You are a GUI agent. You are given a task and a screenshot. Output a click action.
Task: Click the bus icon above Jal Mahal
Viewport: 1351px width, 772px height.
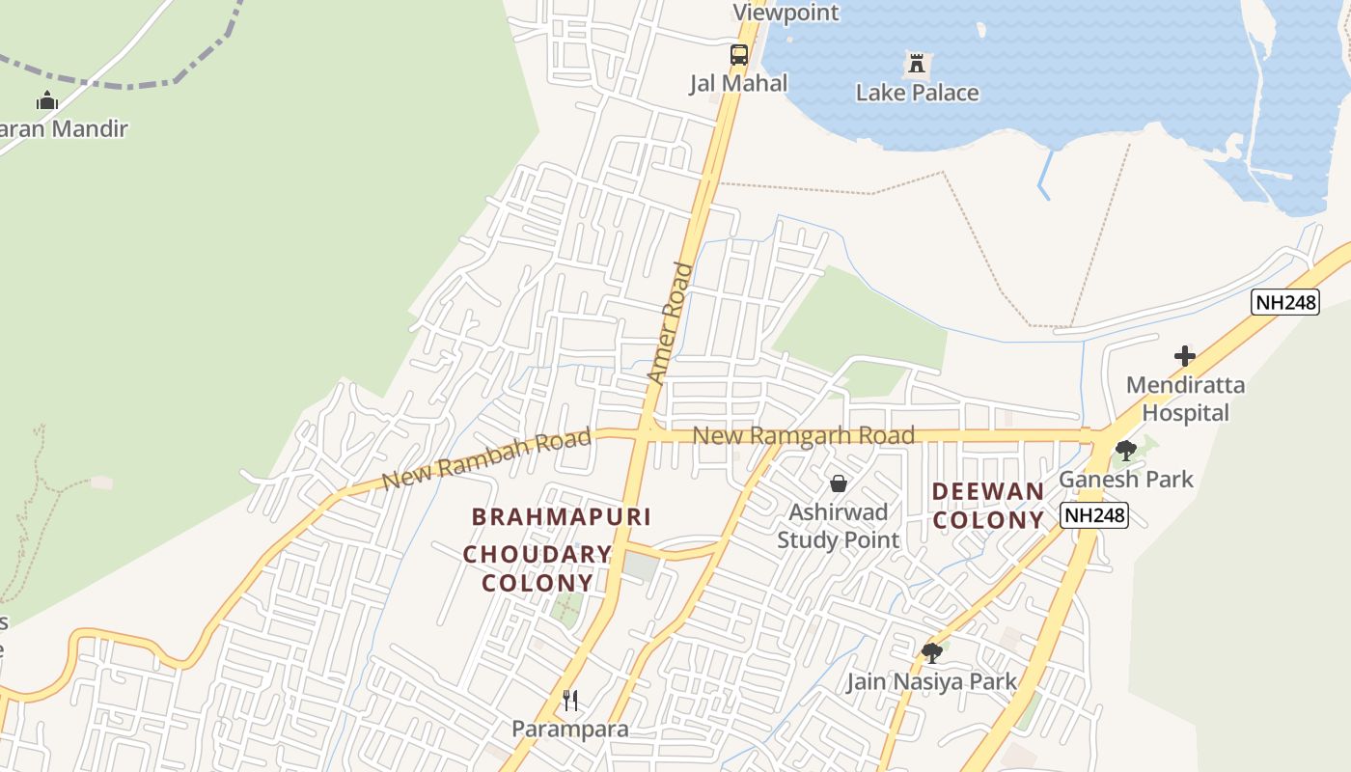738,55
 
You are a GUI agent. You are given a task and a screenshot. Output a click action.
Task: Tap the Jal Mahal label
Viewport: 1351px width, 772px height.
738,84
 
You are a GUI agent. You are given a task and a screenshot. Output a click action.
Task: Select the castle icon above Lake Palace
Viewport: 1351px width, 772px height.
916,66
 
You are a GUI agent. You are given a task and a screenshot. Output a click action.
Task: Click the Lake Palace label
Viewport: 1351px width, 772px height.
917,94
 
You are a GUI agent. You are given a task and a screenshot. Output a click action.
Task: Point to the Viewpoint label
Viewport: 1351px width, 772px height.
786,13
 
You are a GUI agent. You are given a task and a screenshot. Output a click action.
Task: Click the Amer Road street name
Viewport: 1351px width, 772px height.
671,324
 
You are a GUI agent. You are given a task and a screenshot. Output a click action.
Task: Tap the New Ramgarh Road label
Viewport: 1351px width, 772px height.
804,436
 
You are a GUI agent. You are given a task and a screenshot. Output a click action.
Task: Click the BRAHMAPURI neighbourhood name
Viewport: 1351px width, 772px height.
562,517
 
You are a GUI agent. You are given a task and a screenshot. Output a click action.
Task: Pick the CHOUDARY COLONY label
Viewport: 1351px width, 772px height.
538,569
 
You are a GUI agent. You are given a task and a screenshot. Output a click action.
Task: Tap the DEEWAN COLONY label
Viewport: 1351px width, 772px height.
989,506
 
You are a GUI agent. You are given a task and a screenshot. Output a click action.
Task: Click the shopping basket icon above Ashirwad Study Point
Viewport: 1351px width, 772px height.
839,483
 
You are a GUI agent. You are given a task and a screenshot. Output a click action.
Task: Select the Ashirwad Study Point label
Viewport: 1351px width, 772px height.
839,526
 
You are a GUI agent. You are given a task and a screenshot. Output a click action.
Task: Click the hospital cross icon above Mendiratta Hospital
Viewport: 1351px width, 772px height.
1184,356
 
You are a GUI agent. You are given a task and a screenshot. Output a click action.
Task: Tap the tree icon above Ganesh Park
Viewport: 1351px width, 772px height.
1125,450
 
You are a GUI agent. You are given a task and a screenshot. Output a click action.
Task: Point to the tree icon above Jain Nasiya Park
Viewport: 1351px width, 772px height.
931,653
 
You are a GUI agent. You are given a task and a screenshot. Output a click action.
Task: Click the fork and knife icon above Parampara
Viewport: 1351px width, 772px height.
570,701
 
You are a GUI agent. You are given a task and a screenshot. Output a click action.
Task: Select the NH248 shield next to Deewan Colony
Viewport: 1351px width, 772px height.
1095,515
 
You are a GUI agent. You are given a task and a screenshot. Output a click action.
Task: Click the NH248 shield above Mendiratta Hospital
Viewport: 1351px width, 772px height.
1285,302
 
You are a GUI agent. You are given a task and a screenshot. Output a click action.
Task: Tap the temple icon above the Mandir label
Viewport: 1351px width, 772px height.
46,100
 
